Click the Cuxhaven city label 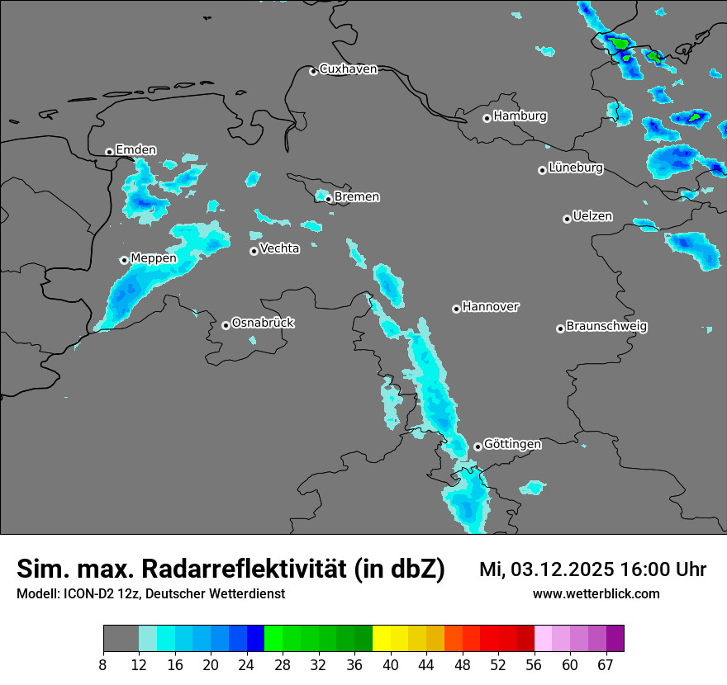point(348,69)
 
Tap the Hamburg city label point(520,116)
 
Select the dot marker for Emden point(109,152)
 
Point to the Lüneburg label point(576,168)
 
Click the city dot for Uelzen point(567,219)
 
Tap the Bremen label point(357,197)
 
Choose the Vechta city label point(279,248)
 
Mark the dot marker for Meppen point(124,260)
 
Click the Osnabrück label point(263,323)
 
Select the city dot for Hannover point(456,309)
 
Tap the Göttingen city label point(512,444)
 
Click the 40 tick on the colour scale point(390,665)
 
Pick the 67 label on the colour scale point(606,665)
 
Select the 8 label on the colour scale point(103,665)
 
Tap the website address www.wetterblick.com point(596,594)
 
